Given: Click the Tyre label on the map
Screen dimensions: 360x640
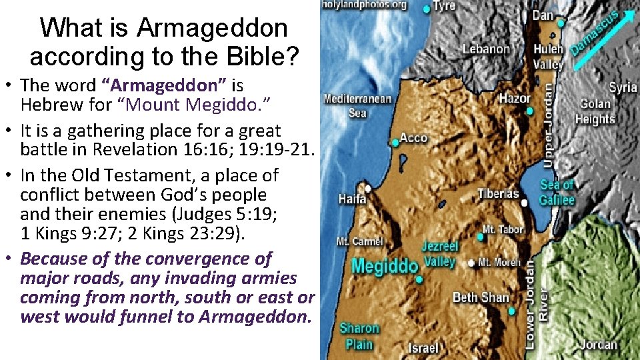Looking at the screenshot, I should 445,6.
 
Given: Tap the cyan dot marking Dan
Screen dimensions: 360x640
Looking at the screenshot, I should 561,23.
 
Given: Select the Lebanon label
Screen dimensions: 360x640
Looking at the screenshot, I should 487,49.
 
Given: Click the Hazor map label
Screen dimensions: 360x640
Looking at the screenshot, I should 515,99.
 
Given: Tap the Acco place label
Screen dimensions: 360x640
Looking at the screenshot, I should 413,138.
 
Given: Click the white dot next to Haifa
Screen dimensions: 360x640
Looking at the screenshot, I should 367,188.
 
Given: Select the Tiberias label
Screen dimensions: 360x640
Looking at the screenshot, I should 498,194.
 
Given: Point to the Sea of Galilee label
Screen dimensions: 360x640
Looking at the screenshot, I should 557,192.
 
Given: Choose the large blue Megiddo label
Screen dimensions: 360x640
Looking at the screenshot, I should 385,266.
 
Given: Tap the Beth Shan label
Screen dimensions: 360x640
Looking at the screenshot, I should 481,297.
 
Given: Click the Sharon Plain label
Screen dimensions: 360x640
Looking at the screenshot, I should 359,335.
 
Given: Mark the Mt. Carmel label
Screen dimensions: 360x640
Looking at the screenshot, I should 360,241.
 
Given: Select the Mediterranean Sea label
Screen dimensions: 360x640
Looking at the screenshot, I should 357,106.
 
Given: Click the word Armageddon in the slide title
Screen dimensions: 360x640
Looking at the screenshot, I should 213,28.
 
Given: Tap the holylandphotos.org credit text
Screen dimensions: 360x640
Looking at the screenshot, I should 364,5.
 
